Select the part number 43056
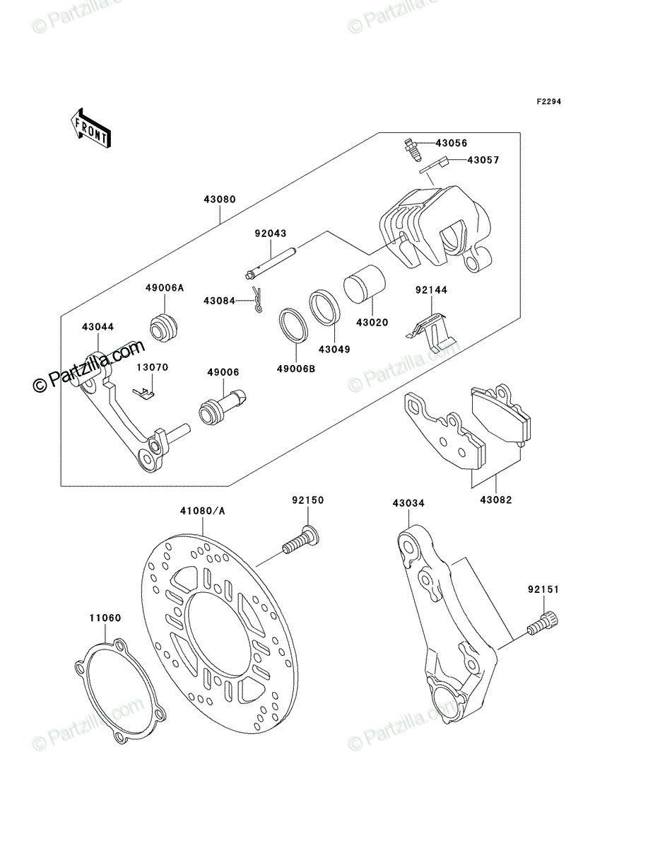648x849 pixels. (451, 143)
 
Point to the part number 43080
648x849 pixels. (220, 200)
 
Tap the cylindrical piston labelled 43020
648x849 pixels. (365, 284)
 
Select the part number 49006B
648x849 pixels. (296, 369)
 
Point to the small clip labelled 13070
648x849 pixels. (143, 393)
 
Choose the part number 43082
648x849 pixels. (496, 500)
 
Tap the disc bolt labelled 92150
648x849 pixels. (300, 540)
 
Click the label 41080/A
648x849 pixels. (202, 511)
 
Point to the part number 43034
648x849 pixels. (408, 503)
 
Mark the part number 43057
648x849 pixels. (483, 160)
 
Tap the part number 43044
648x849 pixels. (98, 327)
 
